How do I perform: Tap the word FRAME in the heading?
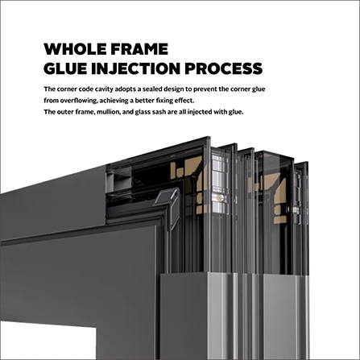[x=139, y=49]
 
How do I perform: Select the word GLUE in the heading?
[x=65, y=68]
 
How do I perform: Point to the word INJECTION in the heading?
[x=135, y=68]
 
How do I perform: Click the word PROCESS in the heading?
[x=223, y=68]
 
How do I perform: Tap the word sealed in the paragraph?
[x=152, y=89]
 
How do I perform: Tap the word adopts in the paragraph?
[x=126, y=89]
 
